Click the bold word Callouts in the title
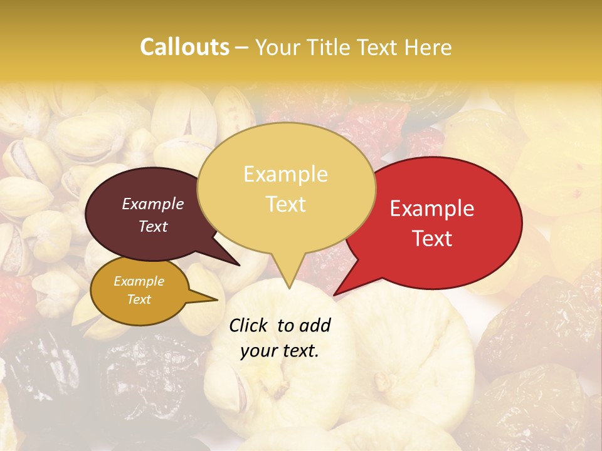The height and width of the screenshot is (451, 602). (x=184, y=47)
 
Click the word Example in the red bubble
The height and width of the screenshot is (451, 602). (x=432, y=209)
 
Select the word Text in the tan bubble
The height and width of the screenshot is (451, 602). (x=286, y=204)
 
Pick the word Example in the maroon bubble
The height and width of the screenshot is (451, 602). (x=153, y=204)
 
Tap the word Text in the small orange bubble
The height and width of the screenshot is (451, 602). (x=139, y=299)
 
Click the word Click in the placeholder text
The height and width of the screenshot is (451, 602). (x=249, y=325)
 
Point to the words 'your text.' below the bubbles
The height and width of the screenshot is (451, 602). (x=280, y=351)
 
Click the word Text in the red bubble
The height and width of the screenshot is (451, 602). (x=432, y=239)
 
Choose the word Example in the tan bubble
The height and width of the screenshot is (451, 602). (x=286, y=174)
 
